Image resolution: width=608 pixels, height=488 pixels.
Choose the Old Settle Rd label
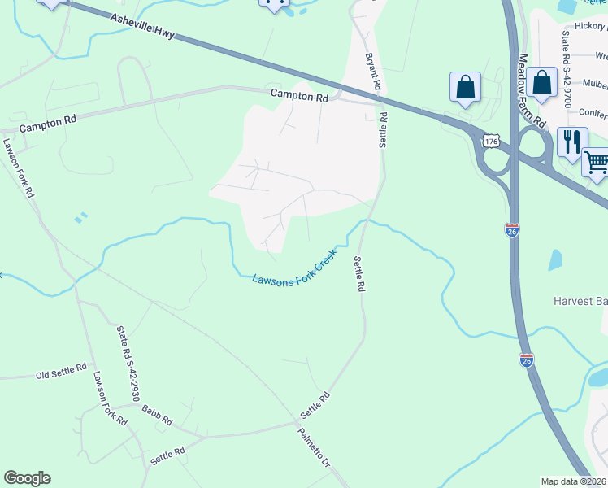tap(61, 373)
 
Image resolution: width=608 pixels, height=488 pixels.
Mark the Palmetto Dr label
tap(314, 447)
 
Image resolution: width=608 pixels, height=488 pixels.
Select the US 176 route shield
tap(489, 142)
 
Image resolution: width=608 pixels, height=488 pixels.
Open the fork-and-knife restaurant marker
tap(572, 142)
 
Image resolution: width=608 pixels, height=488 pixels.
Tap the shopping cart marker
tap(597, 162)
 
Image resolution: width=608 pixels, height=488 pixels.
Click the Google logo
tap(27, 478)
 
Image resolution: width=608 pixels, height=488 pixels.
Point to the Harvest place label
tap(580, 300)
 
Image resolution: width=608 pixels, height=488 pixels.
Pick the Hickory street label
tap(590, 26)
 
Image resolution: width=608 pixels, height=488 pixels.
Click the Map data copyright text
tap(574, 481)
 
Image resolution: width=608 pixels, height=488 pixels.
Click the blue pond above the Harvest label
tap(555, 259)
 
